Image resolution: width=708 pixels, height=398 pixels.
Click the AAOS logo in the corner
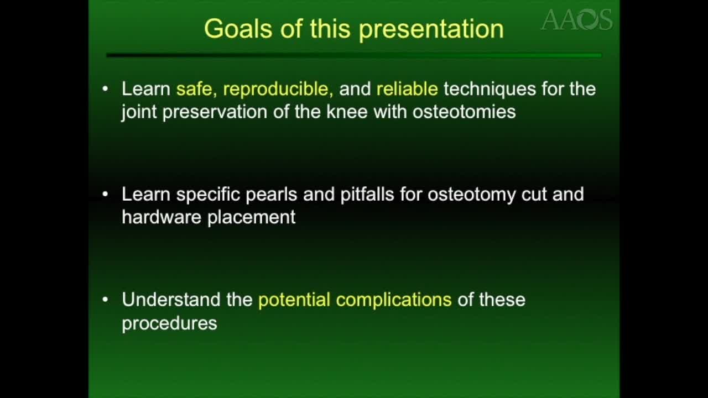(x=576, y=20)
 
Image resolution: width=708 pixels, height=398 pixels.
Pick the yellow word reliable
(x=407, y=89)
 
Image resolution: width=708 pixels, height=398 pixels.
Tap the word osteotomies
(x=464, y=112)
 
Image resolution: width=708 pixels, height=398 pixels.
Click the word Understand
(x=171, y=300)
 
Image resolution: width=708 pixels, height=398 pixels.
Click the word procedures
(x=169, y=323)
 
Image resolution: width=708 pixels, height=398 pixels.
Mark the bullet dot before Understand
(x=106, y=300)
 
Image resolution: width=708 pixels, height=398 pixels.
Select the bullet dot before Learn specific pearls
(x=106, y=194)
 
